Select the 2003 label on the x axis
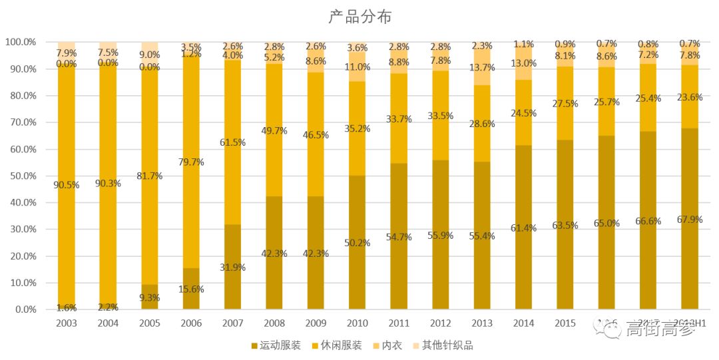click(67, 323)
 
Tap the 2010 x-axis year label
click(358, 323)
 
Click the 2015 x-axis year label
click(565, 323)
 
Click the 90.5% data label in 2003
click(67, 185)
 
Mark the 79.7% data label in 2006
click(191, 162)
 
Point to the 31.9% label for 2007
click(232, 267)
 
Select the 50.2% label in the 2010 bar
click(358, 242)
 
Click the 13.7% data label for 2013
click(482, 67)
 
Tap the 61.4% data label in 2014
click(524, 228)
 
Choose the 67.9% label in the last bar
click(690, 219)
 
